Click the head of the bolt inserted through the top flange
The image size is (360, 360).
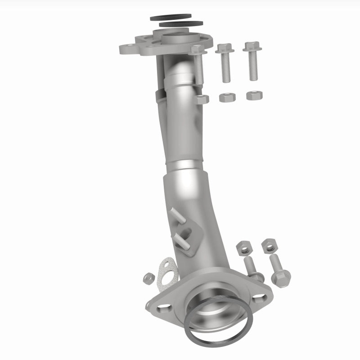196,49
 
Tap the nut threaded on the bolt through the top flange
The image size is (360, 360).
202,99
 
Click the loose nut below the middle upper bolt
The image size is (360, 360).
224,97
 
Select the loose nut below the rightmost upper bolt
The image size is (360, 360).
253,95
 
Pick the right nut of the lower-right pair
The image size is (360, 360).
269,246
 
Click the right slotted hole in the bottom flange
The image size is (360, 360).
260,297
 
